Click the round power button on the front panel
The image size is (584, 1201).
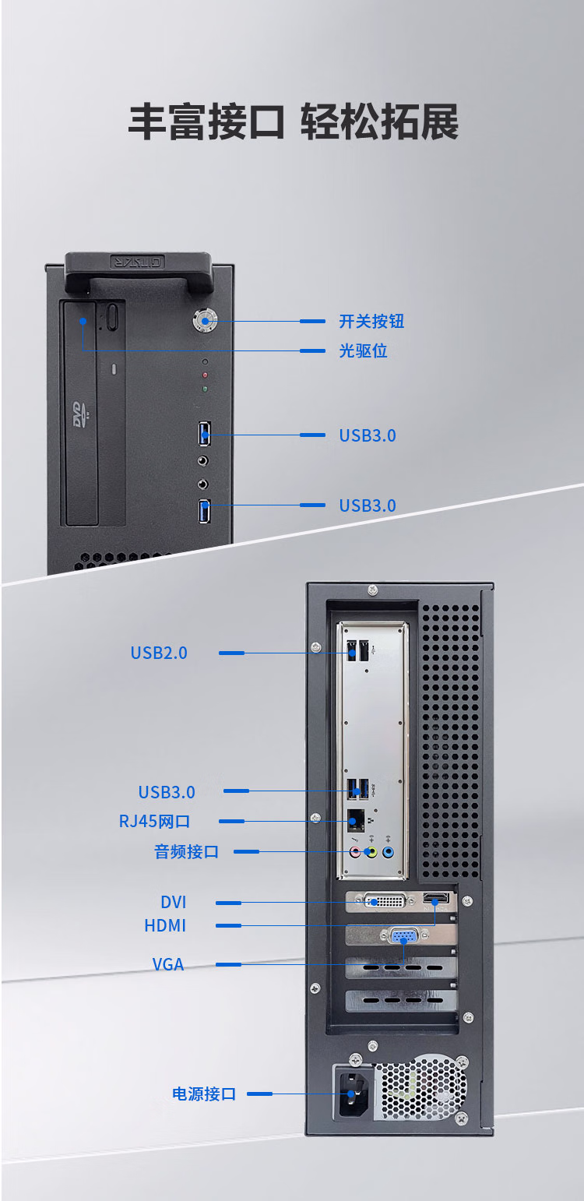[205, 321]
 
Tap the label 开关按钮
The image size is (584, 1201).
[371, 321]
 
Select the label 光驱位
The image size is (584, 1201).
[363, 351]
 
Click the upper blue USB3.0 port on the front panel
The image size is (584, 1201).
[204, 434]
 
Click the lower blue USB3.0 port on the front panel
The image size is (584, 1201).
[204, 511]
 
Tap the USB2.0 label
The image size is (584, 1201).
[159, 653]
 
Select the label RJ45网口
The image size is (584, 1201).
[154, 822]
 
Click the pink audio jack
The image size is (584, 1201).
[355, 851]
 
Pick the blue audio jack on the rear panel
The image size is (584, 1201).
[389, 851]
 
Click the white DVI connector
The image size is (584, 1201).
[385, 901]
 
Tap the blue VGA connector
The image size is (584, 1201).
[404, 937]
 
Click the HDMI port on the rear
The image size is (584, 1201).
[436, 898]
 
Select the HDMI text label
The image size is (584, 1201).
[165, 925]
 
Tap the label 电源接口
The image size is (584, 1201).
[204, 1094]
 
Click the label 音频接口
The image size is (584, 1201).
[187, 851]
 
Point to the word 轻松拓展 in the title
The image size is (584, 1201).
[379, 122]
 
